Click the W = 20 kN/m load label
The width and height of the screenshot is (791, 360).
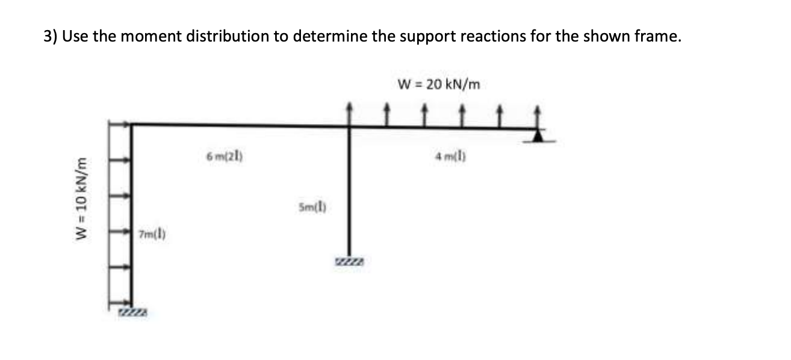click(x=439, y=84)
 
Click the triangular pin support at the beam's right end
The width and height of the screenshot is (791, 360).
click(x=538, y=137)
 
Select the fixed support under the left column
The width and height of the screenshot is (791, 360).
click(x=132, y=310)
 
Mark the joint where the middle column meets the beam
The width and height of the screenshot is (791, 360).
click(x=349, y=126)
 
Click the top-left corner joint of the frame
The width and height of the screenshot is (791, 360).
click(x=132, y=125)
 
